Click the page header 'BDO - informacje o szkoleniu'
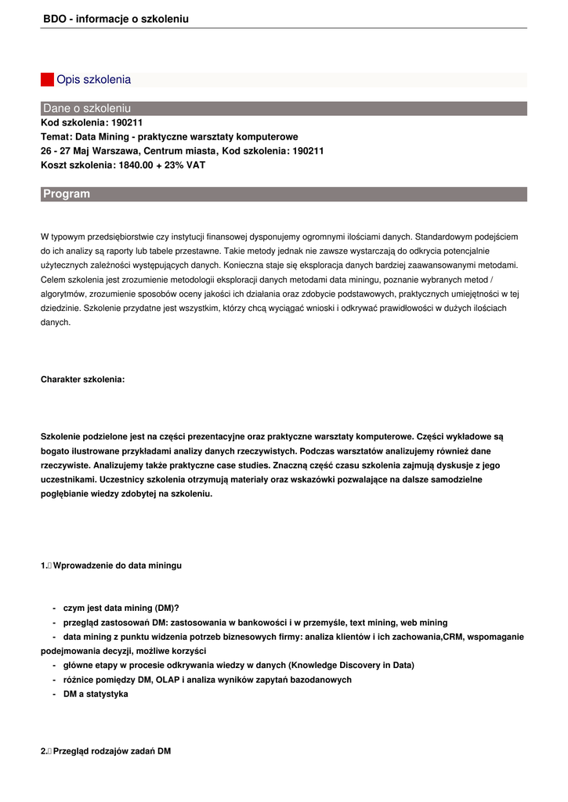pos(115,18)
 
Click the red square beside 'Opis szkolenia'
pos(47,80)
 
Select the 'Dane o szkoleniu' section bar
pos(284,108)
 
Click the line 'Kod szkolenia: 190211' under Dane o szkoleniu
pos(92,123)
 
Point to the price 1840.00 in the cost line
pos(136,165)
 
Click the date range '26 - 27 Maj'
pos(66,151)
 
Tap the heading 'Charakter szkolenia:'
pos(82,379)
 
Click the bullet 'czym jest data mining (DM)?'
pos(121,608)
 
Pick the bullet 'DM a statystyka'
pos(95,694)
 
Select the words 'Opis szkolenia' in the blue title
pos(93,80)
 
